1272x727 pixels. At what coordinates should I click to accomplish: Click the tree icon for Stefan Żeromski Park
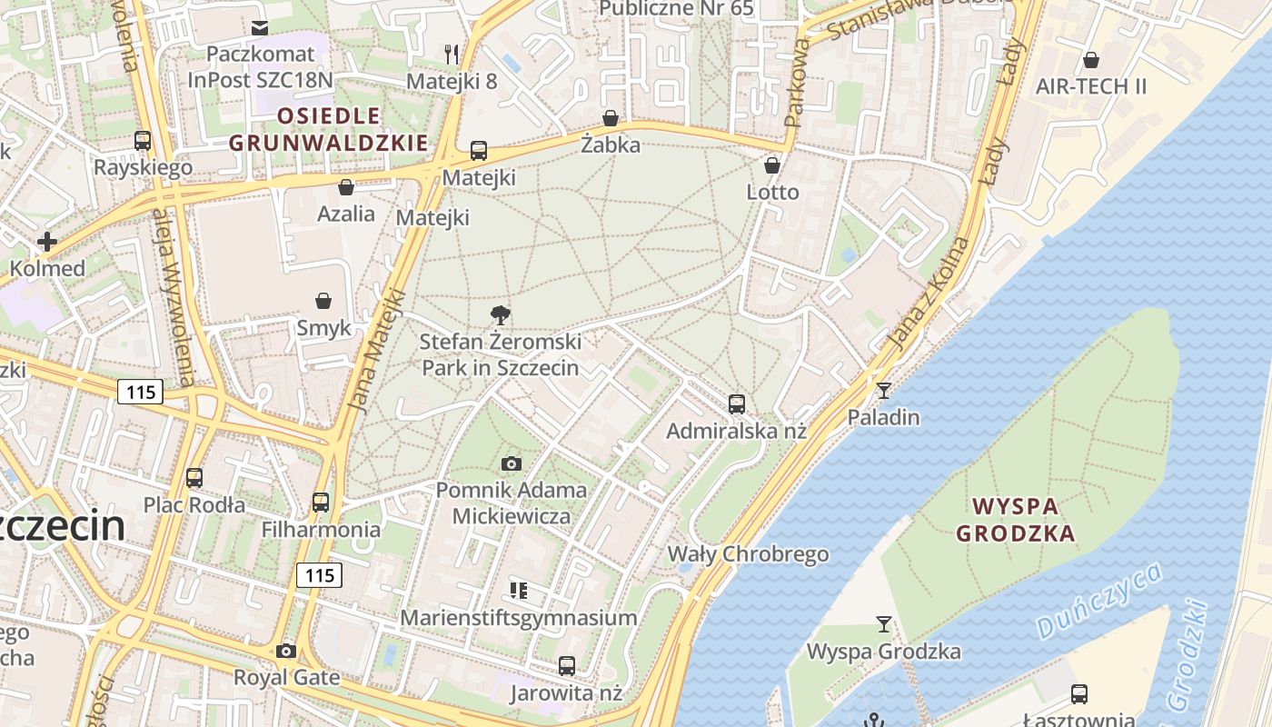500,315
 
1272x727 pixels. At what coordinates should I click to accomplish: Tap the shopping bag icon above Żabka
611,118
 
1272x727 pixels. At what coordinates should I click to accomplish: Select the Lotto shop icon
772,165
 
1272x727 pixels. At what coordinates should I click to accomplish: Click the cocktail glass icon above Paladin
883,391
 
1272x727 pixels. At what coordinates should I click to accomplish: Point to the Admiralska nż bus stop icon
737,403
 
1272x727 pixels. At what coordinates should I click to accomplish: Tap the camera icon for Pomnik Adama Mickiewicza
512,464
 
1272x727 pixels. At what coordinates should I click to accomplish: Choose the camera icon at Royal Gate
286,651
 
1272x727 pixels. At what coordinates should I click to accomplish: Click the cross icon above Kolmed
47,242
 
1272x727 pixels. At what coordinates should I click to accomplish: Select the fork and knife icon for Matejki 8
452,54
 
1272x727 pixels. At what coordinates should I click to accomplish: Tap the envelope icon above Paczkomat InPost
261,27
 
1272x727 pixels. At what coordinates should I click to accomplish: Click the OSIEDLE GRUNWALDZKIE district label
328,129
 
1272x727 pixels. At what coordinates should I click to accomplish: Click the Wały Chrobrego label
749,553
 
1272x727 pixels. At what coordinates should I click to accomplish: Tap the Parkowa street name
797,82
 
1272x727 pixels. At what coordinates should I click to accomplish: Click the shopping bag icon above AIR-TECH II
1091,60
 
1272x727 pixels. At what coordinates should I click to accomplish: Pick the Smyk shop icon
323,301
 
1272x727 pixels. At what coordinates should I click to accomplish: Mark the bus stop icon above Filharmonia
321,502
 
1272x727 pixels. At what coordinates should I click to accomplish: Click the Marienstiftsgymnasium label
519,618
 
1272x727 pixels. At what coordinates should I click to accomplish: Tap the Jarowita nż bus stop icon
567,666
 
